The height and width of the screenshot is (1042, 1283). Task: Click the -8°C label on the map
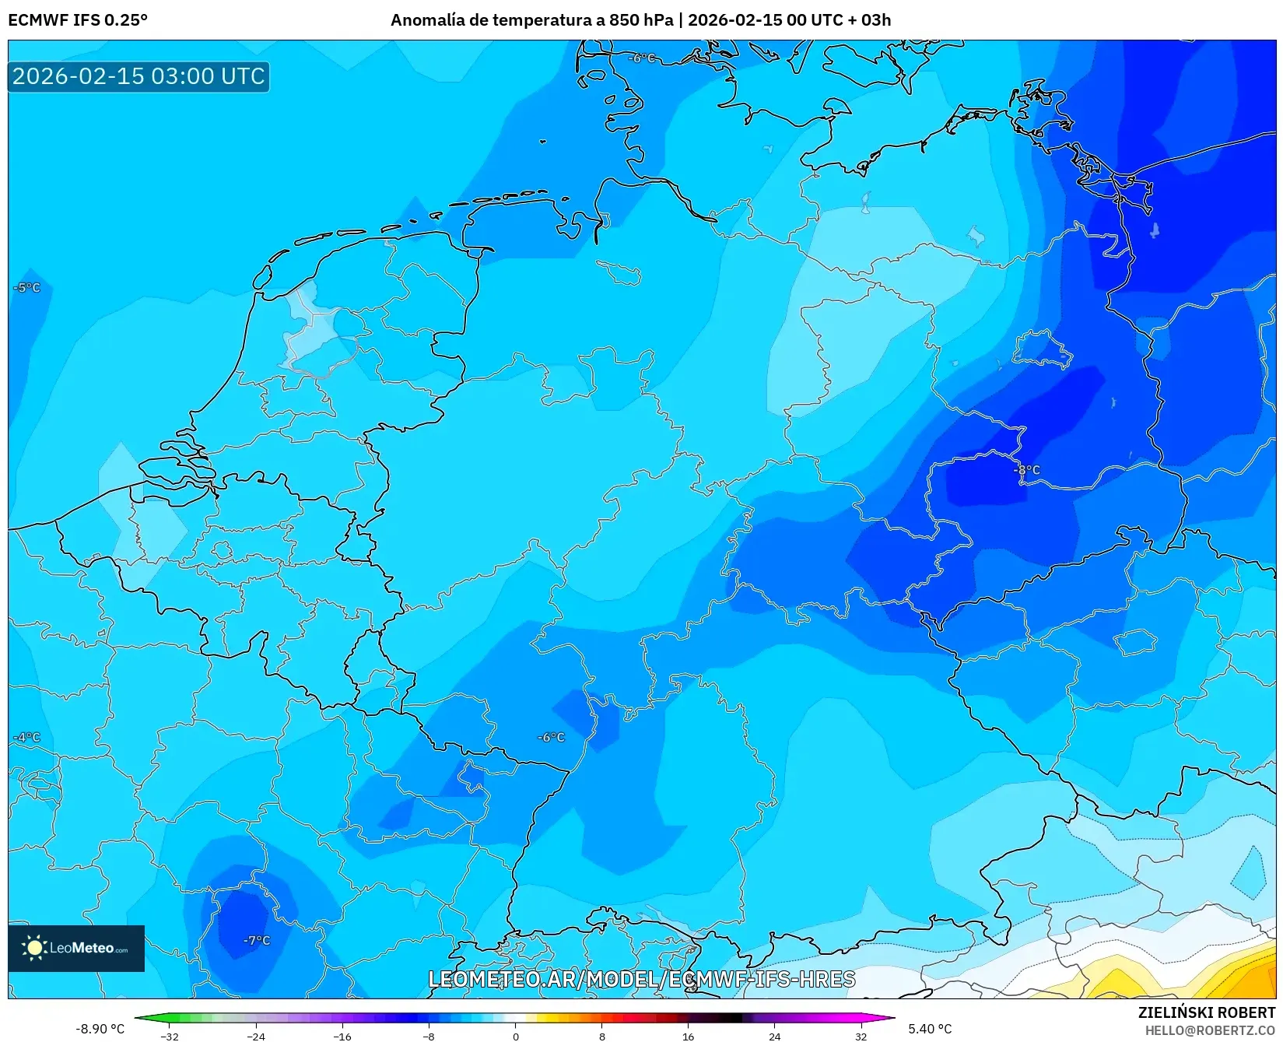coord(1027,470)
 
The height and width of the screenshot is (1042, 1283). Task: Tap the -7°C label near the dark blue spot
coord(257,940)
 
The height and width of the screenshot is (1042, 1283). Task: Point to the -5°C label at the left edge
coord(27,287)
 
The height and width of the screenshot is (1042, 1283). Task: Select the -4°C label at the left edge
coord(27,737)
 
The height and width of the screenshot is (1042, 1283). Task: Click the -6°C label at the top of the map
coord(643,58)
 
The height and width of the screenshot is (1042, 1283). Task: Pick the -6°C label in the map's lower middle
coord(552,737)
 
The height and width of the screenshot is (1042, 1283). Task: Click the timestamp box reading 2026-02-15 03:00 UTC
coord(138,76)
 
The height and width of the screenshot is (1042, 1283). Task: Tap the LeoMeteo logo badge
coord(76,948)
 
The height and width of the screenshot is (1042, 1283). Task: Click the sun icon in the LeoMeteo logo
coord(34,947)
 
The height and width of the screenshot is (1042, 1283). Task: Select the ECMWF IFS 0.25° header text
coord(78,19)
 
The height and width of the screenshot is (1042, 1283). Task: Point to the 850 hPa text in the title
coord(641,19)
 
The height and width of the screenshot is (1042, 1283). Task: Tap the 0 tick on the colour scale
coord(515,1036)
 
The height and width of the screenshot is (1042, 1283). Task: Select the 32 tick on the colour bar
coord(861,1036)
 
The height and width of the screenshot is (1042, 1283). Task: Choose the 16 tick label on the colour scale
coord(688,1036)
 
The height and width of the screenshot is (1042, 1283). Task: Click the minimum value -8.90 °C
coord(100,1029)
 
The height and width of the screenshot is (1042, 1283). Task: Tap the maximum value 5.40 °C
coord(930,1029)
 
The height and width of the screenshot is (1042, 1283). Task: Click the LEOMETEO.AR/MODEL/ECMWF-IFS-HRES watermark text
coord(642,979)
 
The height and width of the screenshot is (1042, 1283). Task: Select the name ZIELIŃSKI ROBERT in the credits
coord(1207,1012)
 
